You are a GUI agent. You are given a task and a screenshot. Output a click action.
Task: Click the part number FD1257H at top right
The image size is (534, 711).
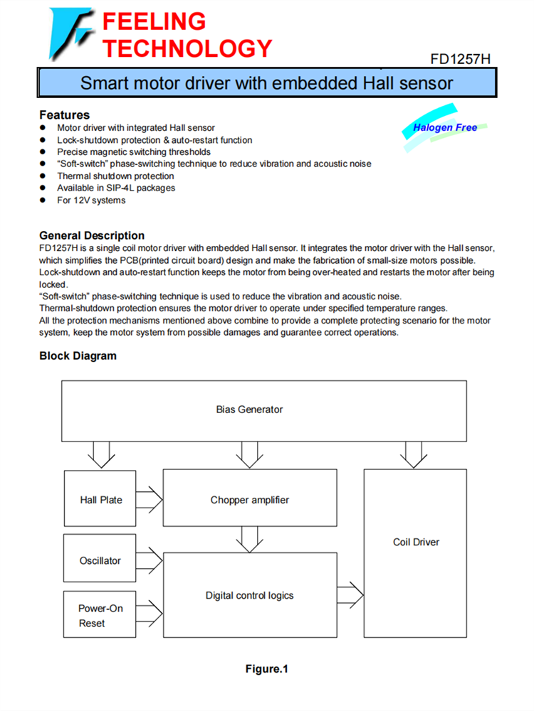(x=460, y=58)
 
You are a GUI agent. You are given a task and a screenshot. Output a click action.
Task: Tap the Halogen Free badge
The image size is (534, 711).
(x=445, y=128)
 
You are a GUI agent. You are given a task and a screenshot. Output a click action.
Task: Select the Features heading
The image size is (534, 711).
(x=64, y=114)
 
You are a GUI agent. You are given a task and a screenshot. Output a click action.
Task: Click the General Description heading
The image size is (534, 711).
(x=92, y=235)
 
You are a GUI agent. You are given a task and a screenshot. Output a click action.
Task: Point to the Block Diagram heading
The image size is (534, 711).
(x=78, y=355)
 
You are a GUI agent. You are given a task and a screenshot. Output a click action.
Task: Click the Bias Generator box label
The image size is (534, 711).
(x=249, y=410)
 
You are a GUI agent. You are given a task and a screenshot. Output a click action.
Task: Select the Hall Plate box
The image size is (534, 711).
(x=100, y=500)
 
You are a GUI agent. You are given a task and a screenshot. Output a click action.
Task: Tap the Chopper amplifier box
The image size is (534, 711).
(x=249, y=500)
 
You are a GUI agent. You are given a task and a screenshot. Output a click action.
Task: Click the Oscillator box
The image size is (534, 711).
(x=100, y=560)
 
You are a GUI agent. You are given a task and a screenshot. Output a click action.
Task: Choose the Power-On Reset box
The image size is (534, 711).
(x=100, y=616)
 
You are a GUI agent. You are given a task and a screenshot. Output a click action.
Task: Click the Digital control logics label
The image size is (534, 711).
(x=249, y=595)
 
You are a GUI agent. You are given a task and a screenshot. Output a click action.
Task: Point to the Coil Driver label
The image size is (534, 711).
(x=416, y=542)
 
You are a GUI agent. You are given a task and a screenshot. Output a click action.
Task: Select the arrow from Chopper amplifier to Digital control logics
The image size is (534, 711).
(x=249, y=539)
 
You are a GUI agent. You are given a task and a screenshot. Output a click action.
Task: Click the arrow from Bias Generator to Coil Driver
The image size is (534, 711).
(x=415, y=454)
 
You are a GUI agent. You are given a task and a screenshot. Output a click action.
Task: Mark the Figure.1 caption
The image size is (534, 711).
(x=266, y=669)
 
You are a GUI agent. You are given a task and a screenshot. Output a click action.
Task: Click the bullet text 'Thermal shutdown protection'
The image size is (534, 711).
(x=115, y=176)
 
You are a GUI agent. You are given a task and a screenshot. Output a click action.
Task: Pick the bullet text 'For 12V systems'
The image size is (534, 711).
(x=91, y=201)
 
